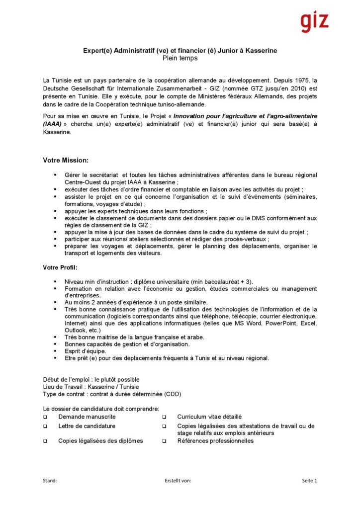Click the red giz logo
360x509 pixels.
314,22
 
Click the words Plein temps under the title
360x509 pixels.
180,58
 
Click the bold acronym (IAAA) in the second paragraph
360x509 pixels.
53,124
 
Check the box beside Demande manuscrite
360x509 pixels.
45,417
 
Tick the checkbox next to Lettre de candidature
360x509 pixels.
45,426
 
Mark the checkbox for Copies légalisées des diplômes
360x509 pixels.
45,441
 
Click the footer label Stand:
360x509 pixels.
50,480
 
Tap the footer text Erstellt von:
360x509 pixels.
178,480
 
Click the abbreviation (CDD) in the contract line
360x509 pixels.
172,394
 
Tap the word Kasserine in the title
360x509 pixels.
259,51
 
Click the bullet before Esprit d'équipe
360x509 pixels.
55,351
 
